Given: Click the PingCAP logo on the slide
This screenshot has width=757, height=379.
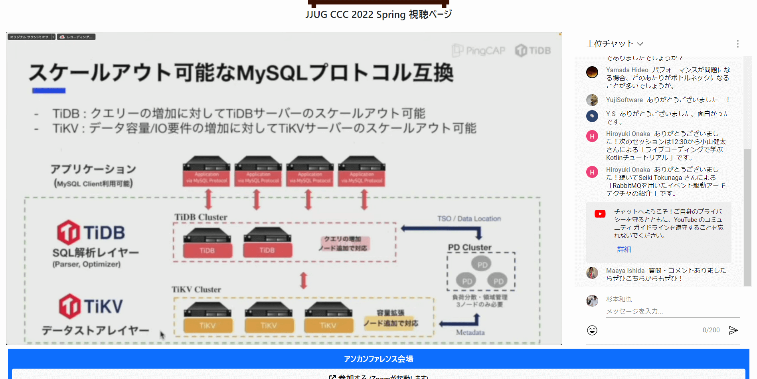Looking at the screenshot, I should (478, 51).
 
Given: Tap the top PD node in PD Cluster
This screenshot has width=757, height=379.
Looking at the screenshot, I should (482, 264).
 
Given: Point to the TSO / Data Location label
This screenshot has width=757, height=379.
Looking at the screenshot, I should (469, 219).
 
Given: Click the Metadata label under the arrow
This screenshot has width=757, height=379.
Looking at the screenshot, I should (470, 332).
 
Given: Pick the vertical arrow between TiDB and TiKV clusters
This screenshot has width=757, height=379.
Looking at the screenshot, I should (304, 280).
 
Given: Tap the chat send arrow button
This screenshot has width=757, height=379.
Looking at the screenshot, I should (733, 330).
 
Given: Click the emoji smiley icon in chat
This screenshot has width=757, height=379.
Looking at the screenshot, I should (592, 330).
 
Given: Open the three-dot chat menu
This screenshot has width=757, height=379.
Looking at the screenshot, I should (738, 44).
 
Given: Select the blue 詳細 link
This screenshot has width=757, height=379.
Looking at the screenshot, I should (624, 249).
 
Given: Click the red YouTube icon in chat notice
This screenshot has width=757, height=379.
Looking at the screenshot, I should (600, 214).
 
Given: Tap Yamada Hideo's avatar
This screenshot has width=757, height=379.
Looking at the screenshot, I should (592, 72).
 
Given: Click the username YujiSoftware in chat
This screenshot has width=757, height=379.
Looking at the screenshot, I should (625, 100).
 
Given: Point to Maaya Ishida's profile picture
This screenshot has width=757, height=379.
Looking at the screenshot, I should (592, 273).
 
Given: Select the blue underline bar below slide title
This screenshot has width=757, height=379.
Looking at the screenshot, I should (49, 91).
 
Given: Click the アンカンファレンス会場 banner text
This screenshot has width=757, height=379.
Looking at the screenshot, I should (378, 359).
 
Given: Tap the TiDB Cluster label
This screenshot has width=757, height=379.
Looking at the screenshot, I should (201, 217).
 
